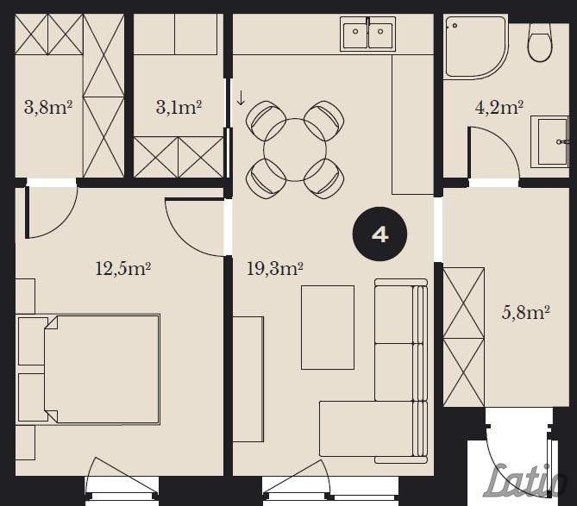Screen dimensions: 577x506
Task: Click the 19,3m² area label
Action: [274, 269]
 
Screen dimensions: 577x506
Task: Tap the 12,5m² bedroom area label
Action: [123, 269]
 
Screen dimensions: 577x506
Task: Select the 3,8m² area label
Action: [47, 108]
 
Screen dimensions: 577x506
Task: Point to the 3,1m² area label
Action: [179, 108]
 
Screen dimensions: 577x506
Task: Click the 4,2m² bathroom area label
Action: [499, 108]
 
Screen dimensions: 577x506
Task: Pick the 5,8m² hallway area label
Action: [526, 313]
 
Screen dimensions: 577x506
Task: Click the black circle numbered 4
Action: [379, 234]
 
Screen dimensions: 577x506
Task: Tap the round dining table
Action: [295, 150]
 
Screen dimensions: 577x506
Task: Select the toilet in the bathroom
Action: [540, 41]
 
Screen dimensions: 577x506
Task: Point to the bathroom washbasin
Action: [549, 142]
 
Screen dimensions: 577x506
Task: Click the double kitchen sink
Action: [367, 34]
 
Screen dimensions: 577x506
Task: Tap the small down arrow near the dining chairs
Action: [241, 97]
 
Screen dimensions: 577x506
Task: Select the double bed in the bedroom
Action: [102, 369]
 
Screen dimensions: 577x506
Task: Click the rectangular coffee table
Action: [328, 328]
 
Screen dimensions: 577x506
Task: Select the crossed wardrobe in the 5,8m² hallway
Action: [464, 337]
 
